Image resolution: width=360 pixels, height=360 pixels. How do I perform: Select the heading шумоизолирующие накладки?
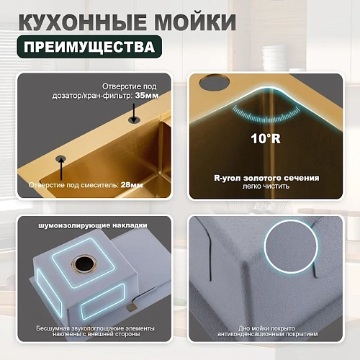point(92,224)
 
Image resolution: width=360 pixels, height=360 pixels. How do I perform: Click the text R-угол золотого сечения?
point(267,175)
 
